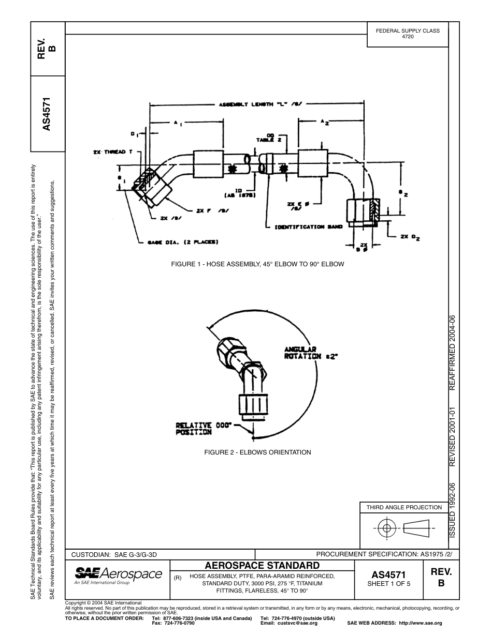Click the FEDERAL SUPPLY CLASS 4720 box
(407, 34)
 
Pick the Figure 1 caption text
(257, 264)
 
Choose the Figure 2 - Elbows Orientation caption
(257, 452)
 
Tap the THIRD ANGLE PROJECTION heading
(404, 507)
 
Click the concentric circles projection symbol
(385, 528)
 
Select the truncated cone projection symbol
(416, 528)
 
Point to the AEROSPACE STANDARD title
(262, 565)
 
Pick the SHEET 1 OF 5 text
(388, 584)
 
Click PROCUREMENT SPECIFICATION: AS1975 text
(384, 554)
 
